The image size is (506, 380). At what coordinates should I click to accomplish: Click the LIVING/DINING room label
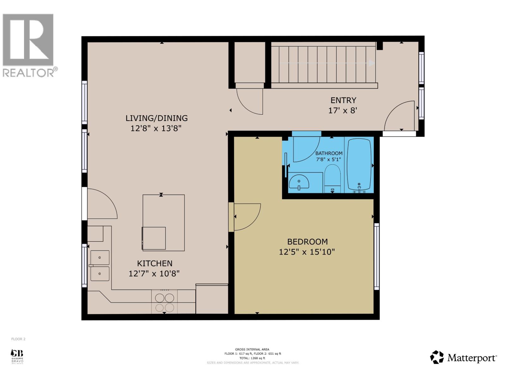(157, 118)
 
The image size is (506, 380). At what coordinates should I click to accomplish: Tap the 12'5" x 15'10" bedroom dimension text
(307, 252)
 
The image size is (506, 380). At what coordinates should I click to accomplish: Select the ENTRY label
(343, 100)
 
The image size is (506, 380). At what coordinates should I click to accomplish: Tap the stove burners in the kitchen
(164, 302)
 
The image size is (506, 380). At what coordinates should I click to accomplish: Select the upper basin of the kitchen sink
(100, 257)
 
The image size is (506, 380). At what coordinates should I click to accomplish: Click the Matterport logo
(463, 358)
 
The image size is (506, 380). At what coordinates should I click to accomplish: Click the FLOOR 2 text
(18, 339)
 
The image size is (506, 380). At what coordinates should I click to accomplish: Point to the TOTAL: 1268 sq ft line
(252, 358)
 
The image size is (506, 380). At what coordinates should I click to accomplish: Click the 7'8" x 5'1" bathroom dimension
(329, 159)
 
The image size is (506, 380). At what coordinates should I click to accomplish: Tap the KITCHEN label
(155, 263)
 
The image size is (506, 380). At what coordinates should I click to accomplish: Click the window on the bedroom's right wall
(376, 256)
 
